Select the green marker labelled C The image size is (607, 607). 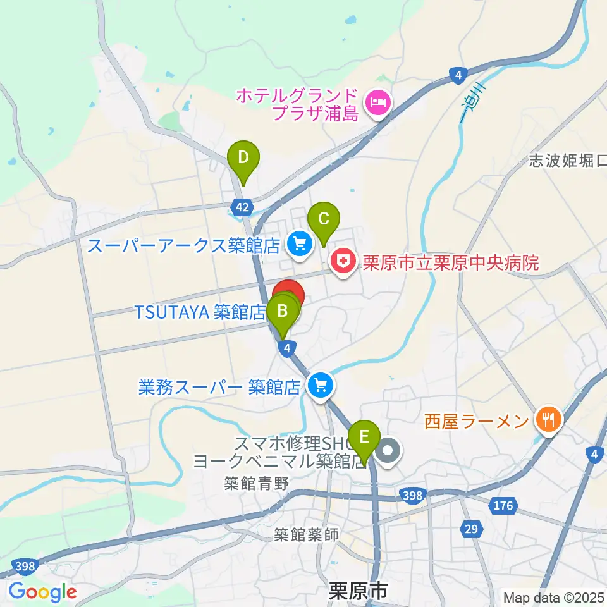point(323,220)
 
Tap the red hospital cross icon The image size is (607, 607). point(342,261)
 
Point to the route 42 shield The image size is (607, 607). point(241,207)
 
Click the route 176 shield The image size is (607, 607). point(503,505)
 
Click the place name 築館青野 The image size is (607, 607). point(256,484)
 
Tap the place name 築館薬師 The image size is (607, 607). point(307,535)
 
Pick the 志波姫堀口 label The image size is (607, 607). point(568,161)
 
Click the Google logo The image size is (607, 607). point(43,592)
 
